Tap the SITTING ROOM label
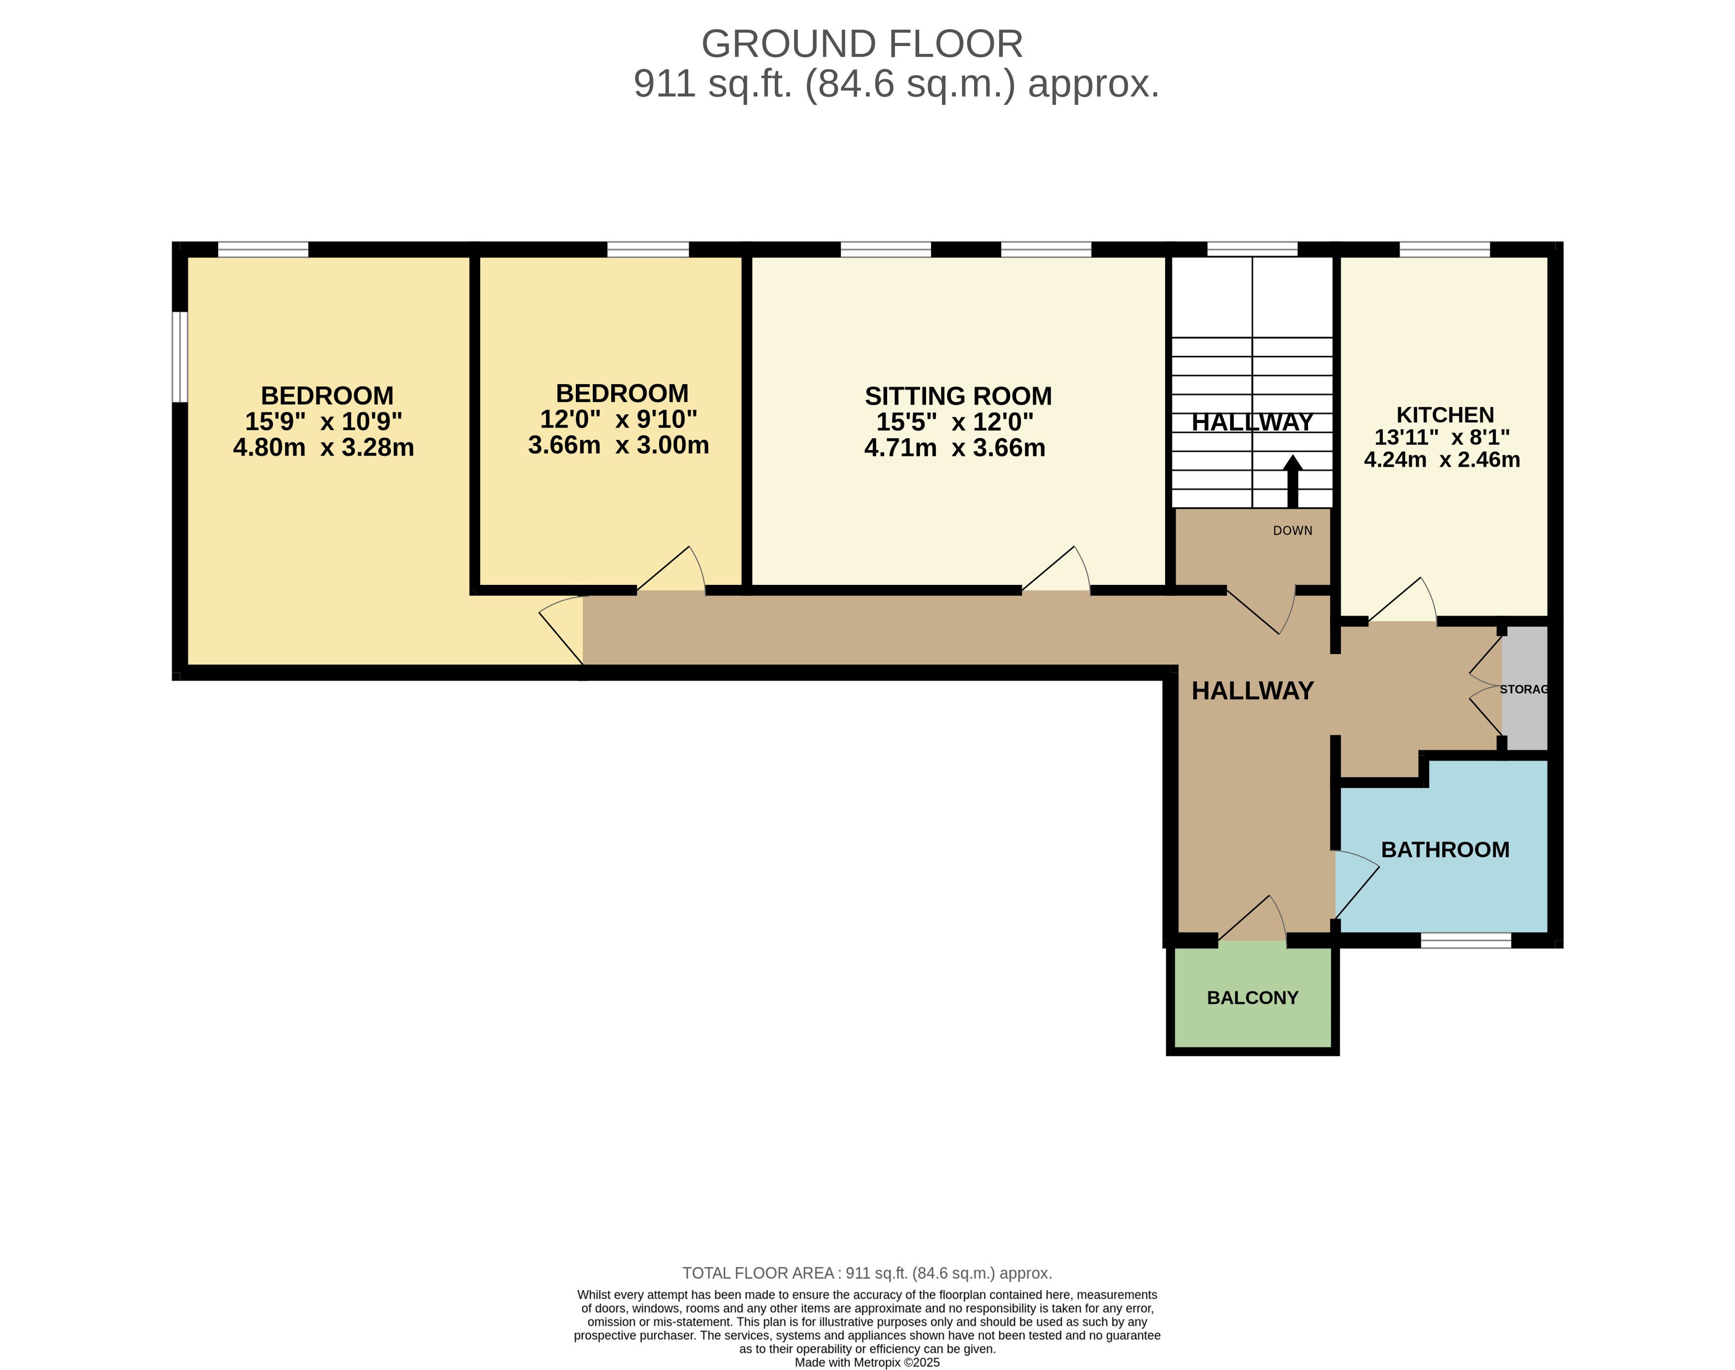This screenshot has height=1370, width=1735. (958, 396)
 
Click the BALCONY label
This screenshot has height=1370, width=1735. (1252, 998)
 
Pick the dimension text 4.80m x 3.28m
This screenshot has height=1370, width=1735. (323, 448)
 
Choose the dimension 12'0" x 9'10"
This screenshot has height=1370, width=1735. (618, 419)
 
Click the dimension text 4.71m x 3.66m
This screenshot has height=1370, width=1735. (954, 448)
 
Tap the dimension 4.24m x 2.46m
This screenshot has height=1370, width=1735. (1442, 460)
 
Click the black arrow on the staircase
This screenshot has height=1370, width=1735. (1292, 481)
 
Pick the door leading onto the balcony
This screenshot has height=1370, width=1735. (1252, 918)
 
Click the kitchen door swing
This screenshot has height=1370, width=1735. (1402, 599)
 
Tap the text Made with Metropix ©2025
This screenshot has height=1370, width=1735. (867, 1362)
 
